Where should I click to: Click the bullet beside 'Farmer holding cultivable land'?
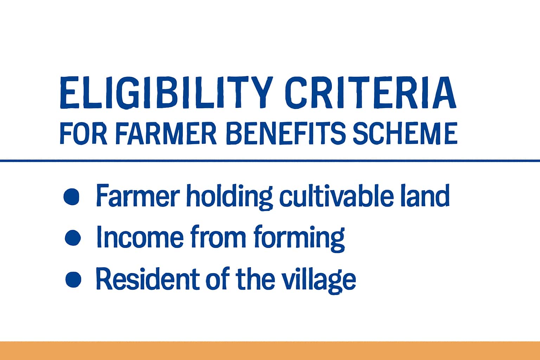tap(72, 196)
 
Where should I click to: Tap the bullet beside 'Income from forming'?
tap(73, 238)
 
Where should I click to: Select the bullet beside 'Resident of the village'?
tap(73, 279)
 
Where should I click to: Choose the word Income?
tap(140, 237)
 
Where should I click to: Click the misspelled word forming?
tap(297, 238)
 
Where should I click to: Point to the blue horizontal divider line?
tap(270, 161)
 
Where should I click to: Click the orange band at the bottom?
tap(270, 351)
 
